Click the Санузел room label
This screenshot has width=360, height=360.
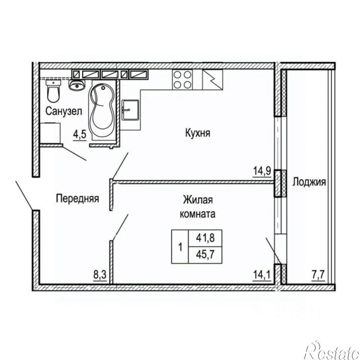(64, 111)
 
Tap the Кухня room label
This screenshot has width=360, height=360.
(198, 133)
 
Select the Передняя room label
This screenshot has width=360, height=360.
(77, 199)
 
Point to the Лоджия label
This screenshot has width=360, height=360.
(309, 182)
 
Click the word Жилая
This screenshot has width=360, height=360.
(198, 200)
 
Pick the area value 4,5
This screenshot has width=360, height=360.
(79, 135)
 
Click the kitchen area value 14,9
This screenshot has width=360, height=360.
(262, 171)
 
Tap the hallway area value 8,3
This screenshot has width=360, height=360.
(100, 275)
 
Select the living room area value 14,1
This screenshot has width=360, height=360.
(262, 275)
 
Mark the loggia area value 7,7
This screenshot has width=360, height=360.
(318, 275)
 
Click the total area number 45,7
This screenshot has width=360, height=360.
(205, 255)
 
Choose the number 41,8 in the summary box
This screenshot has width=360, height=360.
(205, 238)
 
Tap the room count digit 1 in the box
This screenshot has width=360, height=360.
(180, 247)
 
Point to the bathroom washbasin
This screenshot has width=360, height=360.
(77, 85)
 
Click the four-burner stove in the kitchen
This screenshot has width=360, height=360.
(183, 79)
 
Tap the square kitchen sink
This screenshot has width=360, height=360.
(130, 110)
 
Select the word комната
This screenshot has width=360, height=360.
(198, 214)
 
